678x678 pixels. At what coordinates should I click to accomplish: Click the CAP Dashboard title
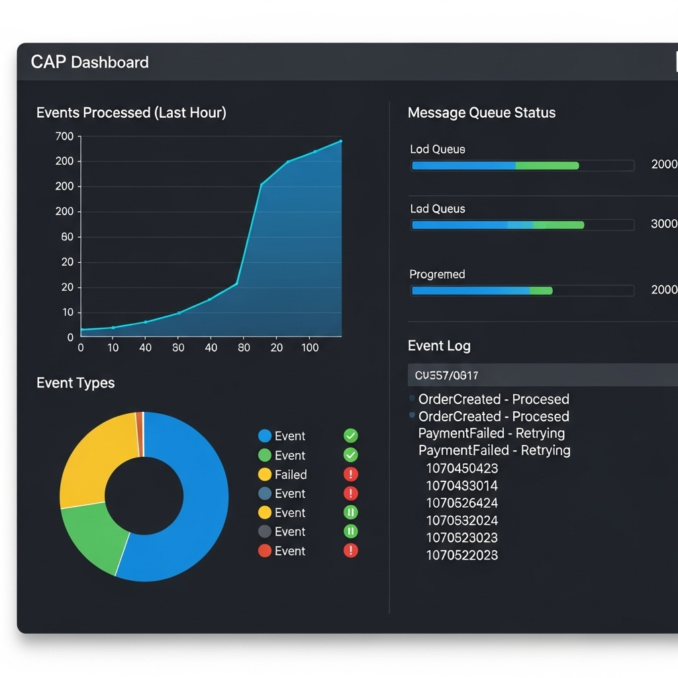point(89,62)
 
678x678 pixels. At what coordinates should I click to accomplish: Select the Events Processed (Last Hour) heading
point(131,113)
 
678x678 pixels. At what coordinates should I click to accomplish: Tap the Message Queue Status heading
point(481,113)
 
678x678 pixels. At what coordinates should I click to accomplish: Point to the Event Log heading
point(439,346)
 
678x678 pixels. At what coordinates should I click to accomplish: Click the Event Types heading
point(75,383)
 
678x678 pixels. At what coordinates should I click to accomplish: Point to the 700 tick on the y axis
point(65,136)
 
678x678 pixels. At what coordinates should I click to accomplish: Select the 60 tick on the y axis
point(67,237)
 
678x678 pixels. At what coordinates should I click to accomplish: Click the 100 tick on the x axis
point(309,348)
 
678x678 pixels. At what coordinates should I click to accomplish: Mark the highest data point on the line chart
point(340,141)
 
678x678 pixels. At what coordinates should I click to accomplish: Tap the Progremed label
point(437,274)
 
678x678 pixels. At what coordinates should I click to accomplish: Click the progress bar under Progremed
point(522,291)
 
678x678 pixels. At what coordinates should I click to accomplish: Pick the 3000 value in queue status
point(663,224)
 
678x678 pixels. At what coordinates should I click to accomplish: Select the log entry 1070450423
point(461,468)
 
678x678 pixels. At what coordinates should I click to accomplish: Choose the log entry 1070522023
point(461,555)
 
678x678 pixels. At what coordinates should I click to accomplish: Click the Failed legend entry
point(290,475)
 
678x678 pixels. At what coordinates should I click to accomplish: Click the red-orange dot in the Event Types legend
point(265,551)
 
